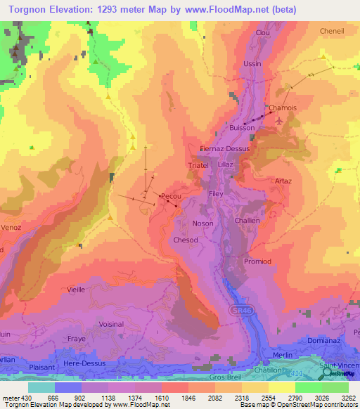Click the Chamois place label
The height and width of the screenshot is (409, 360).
281,108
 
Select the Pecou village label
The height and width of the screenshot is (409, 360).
172,196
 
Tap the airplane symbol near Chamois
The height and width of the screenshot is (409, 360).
281,120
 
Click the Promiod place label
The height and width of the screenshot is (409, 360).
257,261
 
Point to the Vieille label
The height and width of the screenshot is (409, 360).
76,289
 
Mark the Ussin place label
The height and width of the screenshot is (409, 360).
252,64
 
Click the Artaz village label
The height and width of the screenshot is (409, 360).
283,181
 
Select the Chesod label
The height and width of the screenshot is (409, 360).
186,240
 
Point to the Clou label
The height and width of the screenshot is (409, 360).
263,33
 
